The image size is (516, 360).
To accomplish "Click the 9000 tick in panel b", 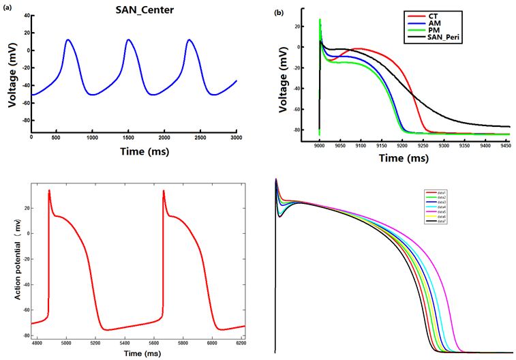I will coord(320,147).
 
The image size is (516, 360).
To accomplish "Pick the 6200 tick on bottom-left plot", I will coord(242,345).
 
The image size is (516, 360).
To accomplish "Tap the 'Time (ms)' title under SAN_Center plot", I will coord(134,151).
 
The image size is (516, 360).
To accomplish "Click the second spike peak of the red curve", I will coord(164,191).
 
